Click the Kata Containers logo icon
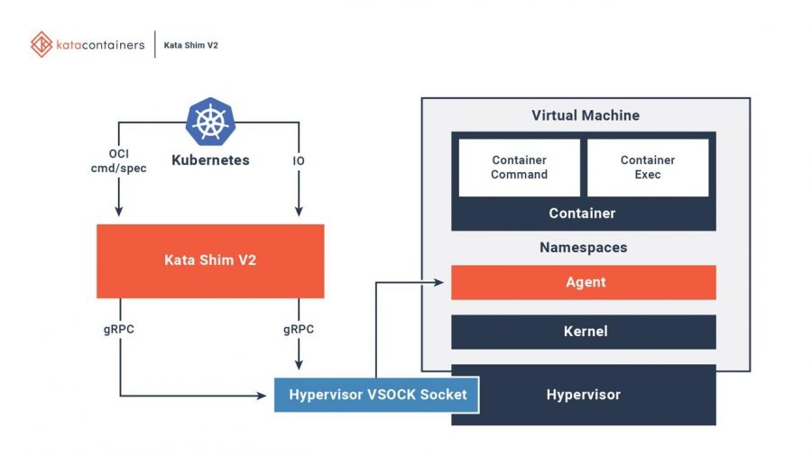tap(41, 44)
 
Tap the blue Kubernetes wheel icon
tap(209, 123)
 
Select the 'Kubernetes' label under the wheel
tap(209, 160)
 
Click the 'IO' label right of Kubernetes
tap(298, 160)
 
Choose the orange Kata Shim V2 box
tap(209, 260)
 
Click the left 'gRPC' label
tap(119, 329)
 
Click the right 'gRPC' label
tap(298, 329)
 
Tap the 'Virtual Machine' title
tap(585, 115)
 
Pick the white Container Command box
tap(519, 167)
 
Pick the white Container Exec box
tap(647, 167)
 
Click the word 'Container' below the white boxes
tap(582, 214)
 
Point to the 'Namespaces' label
tap(583, 247)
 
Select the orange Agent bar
tap(583, 282)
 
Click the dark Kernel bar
tap(583, 332)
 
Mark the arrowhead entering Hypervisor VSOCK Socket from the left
tap(269, 395)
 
